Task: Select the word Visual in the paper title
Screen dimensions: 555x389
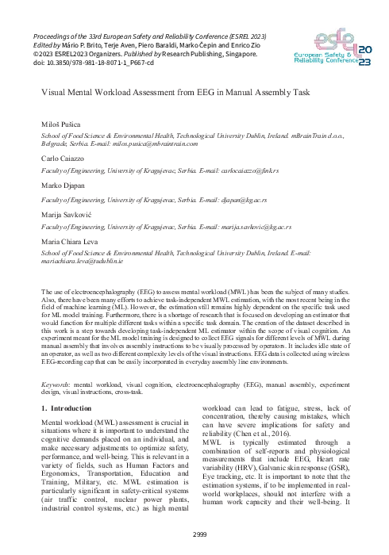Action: click(x=53, y=92)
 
